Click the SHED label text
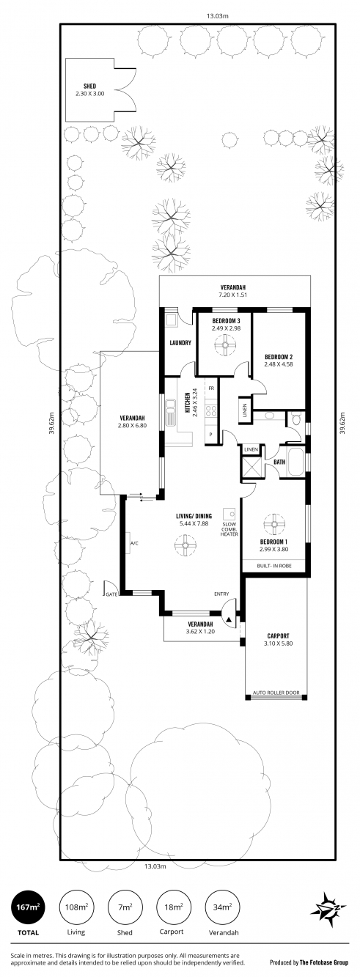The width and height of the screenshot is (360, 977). pyautogui.click(x=90, y=86)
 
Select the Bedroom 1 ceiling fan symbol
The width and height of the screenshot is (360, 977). pyautogui.click(x=274, y=523)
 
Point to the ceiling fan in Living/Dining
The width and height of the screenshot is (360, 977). pyautogui.click(x=185, y=545)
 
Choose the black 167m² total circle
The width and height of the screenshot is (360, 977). pyautogui.click(x=27, y=907)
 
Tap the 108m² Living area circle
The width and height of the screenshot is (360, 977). pyautogui.click(x=76, y=907)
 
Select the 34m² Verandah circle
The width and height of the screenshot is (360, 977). pyautogui.click(x=222, y=907)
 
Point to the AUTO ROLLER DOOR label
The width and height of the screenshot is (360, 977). pyautogui.click(x=276, y=693)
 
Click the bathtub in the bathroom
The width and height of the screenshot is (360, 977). pyautogui.click(x=295, y=462)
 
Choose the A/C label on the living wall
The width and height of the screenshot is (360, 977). pyautogui.click(x=134, y=543)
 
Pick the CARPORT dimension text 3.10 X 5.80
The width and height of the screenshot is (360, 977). pyautogui.click(x=278, y=644)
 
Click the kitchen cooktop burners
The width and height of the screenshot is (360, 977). pyautogui.click(x=212, y=410)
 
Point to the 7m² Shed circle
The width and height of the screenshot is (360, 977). pyautogui.click(x=125, y=907)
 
